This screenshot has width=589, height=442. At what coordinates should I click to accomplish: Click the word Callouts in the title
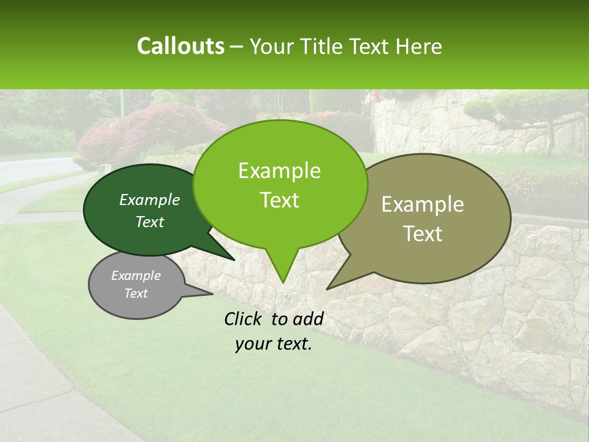(x=180, y=46)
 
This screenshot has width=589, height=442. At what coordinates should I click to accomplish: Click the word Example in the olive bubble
(x=423, y=204)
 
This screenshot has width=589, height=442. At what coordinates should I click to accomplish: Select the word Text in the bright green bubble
(x=279, y=200)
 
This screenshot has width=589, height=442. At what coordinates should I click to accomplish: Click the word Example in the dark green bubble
(x=150, y=200)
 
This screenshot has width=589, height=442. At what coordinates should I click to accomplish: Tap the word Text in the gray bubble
(x=136, y=293)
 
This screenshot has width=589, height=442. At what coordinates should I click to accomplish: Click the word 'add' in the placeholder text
(x=308, y=319)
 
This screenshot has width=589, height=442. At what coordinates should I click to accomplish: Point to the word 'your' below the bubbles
(x=253, y=344)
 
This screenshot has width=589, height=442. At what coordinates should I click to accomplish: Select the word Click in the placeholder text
(x=243, y=319)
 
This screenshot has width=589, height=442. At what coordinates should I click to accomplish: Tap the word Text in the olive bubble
(x=423, y=234)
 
